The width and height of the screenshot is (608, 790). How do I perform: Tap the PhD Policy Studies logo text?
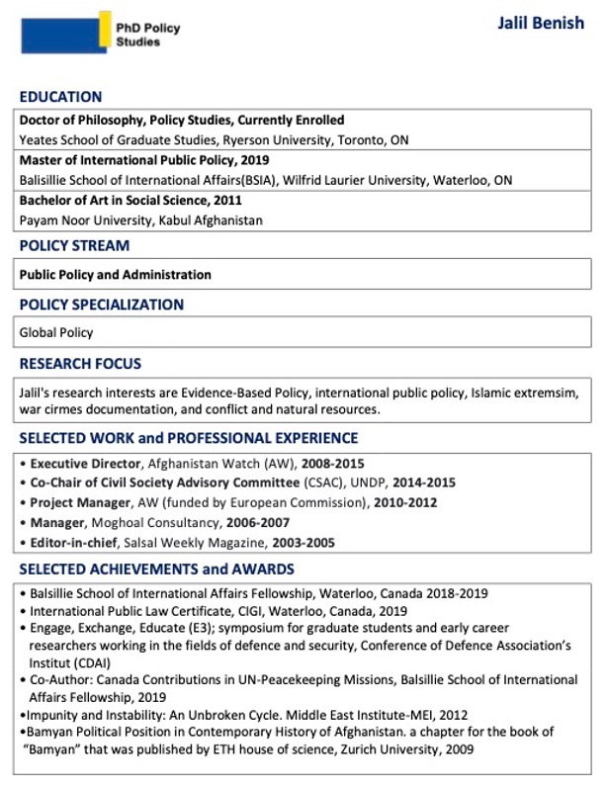148,36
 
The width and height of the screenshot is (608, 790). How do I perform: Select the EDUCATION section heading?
60,97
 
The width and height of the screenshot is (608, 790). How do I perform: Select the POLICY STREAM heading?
74,245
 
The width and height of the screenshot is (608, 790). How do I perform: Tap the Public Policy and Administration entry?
115,275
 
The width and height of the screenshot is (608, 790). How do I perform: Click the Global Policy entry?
56,333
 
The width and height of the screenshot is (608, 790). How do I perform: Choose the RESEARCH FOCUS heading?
80,364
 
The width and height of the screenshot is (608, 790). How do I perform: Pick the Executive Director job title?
83,463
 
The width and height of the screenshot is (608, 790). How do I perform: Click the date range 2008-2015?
320,463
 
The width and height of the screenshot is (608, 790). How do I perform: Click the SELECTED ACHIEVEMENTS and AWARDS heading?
156,570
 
